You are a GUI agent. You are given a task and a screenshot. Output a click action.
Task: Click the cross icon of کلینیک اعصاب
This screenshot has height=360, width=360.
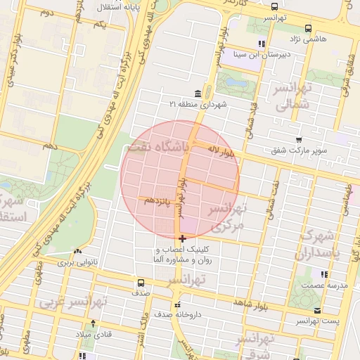182,238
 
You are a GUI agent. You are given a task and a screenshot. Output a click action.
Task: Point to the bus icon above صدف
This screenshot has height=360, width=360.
139,284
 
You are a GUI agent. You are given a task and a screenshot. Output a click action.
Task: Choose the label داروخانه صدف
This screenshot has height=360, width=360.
186,314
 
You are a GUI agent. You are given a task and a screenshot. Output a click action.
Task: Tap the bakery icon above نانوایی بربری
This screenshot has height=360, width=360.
77,251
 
